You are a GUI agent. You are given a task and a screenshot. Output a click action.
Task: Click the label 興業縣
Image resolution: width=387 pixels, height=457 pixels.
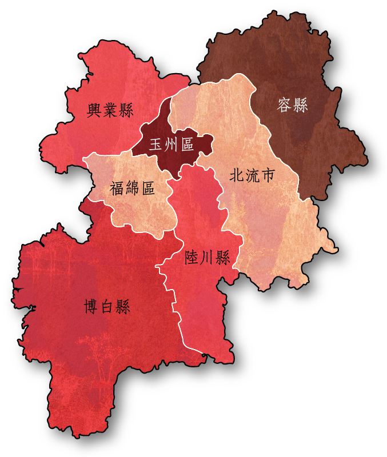point(110,110)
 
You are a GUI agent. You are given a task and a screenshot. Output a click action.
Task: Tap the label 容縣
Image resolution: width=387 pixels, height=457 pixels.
point(292,106)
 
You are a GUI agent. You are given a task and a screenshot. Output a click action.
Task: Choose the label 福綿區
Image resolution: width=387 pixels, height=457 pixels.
point(133,188)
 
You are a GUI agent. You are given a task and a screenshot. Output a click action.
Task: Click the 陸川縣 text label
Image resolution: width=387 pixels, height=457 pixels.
point(208,258)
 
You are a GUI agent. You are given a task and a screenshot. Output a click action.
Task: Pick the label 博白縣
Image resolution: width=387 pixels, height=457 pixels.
point(107,308)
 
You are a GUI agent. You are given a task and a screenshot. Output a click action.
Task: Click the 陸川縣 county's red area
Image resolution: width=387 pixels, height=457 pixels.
point(200,303)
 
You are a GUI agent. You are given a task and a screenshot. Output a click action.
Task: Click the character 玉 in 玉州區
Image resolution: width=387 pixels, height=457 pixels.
point(156,145)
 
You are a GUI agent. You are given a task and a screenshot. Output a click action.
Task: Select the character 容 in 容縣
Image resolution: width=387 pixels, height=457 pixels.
point(284,106)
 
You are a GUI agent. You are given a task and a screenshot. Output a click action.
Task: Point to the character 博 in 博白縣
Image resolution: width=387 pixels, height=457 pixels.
point(91,308)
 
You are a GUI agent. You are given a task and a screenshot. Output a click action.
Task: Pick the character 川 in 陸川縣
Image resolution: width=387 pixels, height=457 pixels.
point(208,258)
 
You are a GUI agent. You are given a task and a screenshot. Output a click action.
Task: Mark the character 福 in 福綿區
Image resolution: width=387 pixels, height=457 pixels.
point(117,188)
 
